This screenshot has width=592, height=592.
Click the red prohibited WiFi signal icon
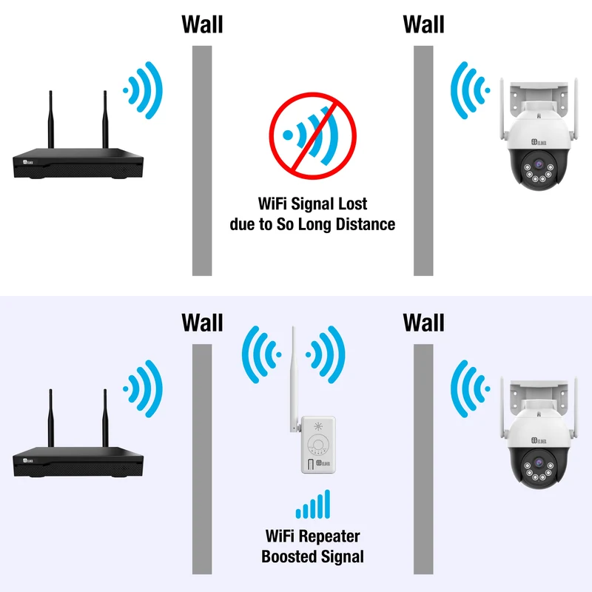pyautogui.click(x=312, y=136)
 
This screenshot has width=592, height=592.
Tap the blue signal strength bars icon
pyautogui.click(x=313, y=505)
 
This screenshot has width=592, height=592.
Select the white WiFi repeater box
pyautogui.click(x=318, y=445)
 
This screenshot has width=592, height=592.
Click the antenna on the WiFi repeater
pyautogui.click(x=294, y=379)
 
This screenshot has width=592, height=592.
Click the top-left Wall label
pyautogui.click(x=202, y=24)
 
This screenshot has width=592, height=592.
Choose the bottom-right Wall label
pyautogui.click(x=423, y=323)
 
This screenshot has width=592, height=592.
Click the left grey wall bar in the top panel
pyautogui.click(x=202, y=161)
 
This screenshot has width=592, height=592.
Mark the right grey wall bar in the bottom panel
pyautogui.click(x=423, y=459)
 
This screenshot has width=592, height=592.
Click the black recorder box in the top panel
pyautogui.click(x=78, y=164)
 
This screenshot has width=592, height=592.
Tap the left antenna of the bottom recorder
pyautogui.click(x=50, y=418)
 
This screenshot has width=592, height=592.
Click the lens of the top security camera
pyautogui.click(x=539, y=164)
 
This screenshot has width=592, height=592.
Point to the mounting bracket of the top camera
pyautogui.click(x=539, y=99)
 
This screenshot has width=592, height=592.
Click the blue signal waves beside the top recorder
pyautogui.click(x=143, y=90)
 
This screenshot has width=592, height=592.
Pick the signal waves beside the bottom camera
pyautogui.click(x=471, y=388)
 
